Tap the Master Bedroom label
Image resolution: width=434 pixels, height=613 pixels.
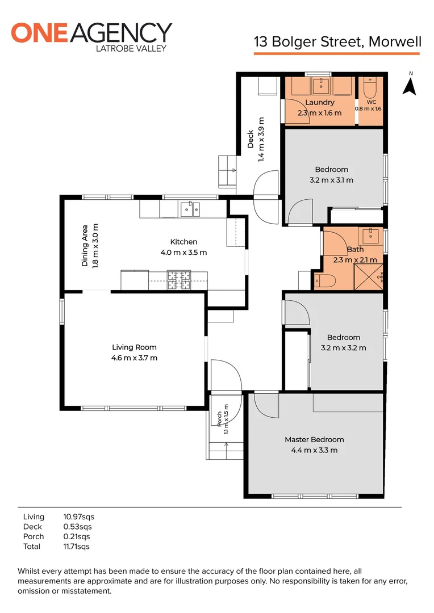314,439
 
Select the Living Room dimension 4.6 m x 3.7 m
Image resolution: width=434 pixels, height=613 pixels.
134,358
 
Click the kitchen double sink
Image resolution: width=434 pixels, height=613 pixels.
190,209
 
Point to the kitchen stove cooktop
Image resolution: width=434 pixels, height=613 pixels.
179,280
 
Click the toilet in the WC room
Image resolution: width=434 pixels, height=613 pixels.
370,89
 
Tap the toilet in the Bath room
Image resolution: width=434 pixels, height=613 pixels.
325,281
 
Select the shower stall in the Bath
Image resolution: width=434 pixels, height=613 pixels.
368,277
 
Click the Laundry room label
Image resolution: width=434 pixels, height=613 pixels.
320,102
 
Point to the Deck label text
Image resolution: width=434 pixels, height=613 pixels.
251,139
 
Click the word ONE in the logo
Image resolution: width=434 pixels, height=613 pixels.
40,33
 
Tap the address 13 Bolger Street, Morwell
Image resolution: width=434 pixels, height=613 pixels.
338,41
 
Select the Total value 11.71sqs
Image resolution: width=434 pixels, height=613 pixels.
76,547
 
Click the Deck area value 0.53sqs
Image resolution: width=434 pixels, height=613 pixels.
77,527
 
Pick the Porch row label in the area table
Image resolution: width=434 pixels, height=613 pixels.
34,536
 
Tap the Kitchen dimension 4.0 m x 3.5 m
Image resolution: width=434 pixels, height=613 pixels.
183,253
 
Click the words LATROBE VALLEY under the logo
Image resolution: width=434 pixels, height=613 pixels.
131,48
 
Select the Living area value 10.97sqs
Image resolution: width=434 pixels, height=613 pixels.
78,517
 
